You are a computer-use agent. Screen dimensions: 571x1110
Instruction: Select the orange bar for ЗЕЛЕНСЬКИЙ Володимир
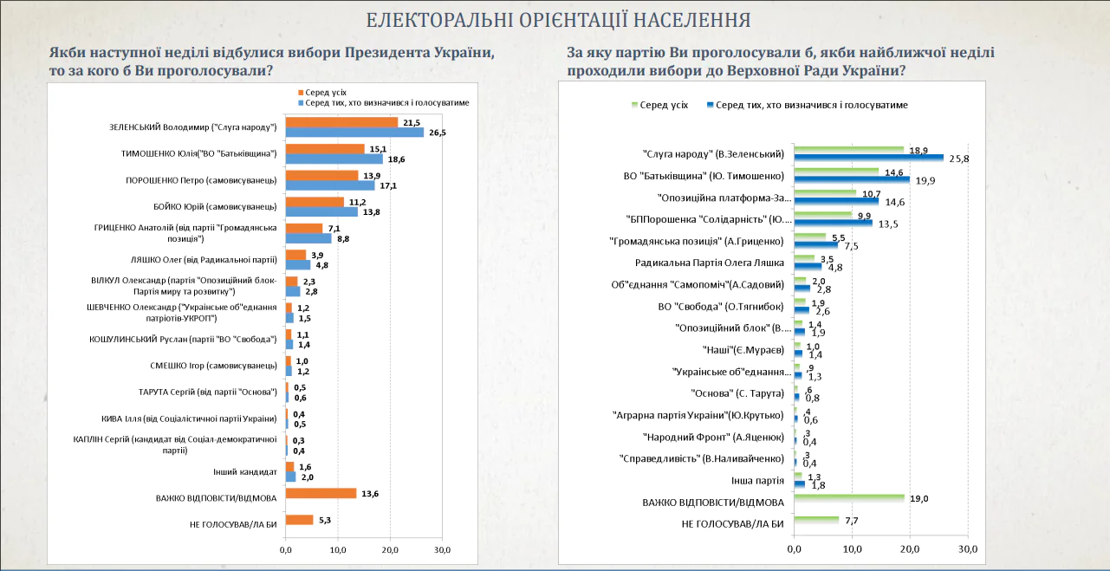pyautogui.click(x=341, y=122)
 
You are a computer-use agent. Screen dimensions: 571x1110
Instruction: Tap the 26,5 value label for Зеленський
pyautogui.click(x=437, y=133)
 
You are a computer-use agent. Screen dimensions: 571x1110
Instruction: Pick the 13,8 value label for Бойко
pyautogui.click(x=371, y=211)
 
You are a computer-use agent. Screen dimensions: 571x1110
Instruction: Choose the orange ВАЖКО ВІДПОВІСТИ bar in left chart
pyautogui.click(x=321, y=493)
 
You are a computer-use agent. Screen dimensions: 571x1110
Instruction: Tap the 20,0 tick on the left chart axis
pyautogui.click(x=390, y=550)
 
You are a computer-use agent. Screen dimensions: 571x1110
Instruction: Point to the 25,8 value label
pyautogui.click(x=959, y=159)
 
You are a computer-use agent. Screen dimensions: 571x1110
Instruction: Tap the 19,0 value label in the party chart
pyautogui.click(x=920, y=499)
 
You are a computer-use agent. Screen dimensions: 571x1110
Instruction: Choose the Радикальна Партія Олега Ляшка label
pyautogui.click(x=709, y=262)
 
